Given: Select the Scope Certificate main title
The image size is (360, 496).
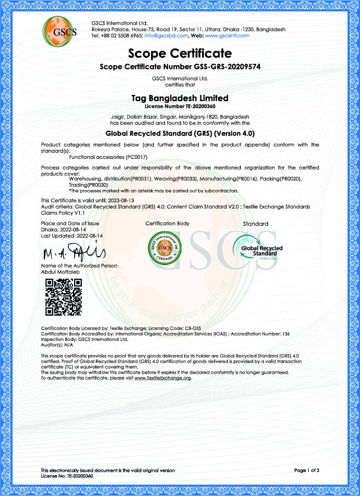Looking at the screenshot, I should click(180, 54).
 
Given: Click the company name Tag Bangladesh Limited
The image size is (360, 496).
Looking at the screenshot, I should click(180, 98).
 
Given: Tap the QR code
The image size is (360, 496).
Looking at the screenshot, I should click(63, 296).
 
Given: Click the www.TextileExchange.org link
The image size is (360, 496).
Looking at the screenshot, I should click(163, 378).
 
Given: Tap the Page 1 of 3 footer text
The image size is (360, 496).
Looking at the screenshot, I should click(306, 470).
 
